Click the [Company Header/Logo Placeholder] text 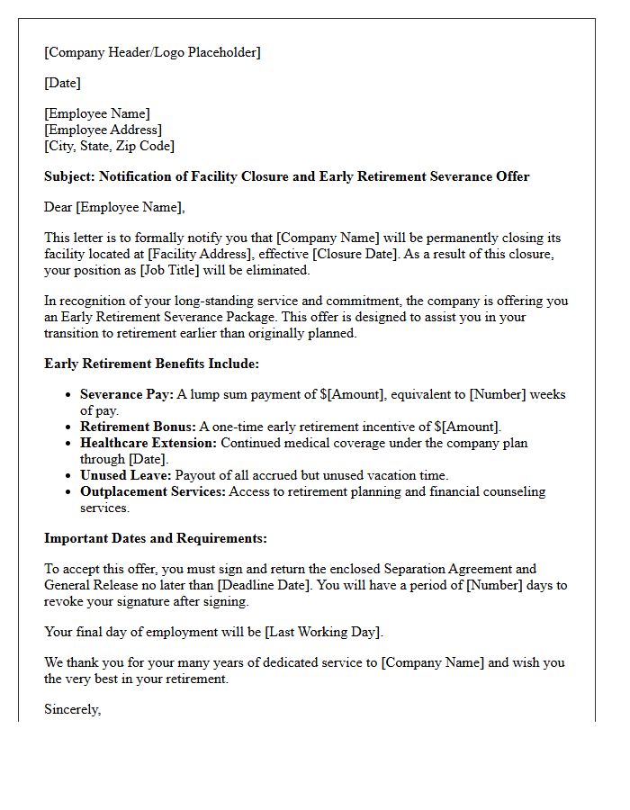click(x=152, y=52)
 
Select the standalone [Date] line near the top click(x=62, y=83)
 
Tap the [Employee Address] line click(x=103, y=130)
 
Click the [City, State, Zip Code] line click(x=109, y=146)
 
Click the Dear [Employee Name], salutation click(x=114, y=207)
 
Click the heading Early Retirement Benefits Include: click(x=151, y=364)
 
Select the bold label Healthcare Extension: click(x=148, y=443)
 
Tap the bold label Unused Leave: click(x=126, y=475)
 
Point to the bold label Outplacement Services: click(x=153, y=491)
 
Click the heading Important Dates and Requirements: click(x=156, y=538)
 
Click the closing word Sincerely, click(x=73, y=709)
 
